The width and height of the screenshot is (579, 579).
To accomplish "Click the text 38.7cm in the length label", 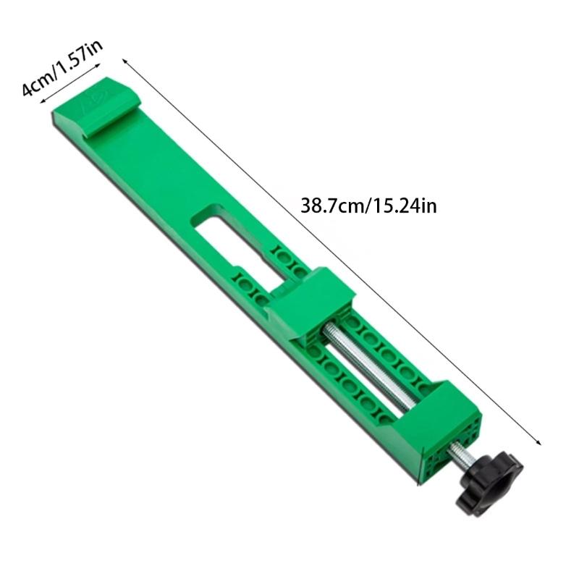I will click(x=330, y=206).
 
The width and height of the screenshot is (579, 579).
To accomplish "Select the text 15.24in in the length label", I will click(x=405, y=206).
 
